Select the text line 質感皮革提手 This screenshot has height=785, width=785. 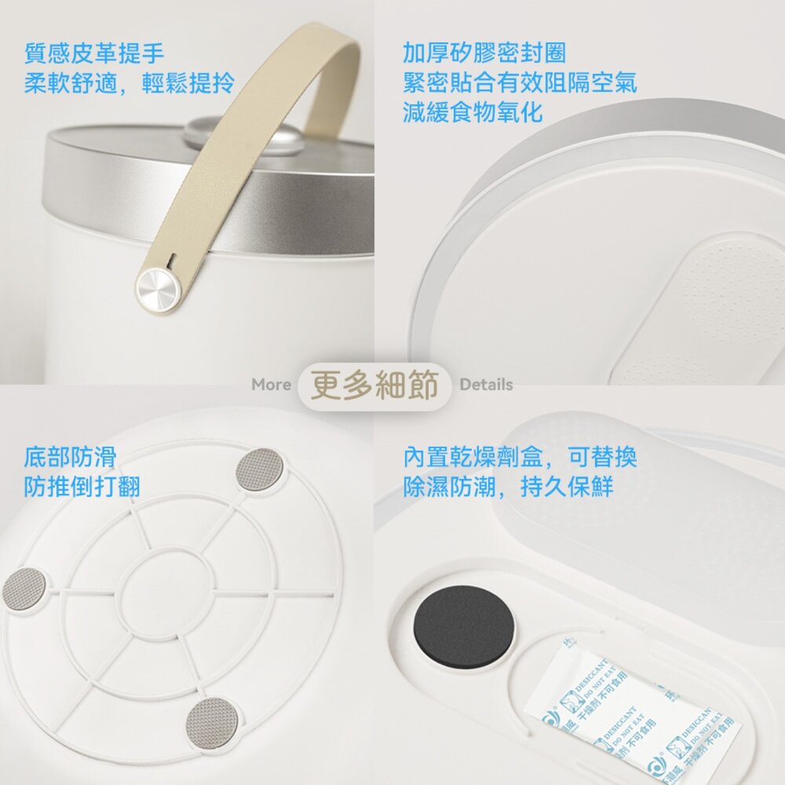pyautogui.click(x=94, y=53)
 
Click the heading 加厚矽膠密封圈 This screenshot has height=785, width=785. pyautogui.click(x=484, y=53)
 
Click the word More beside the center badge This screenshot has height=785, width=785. pyautogui.click(x=271, y=385)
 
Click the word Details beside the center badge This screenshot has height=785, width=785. pyautogui.click(x=486, y=385)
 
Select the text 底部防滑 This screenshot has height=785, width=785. pyautogui.click(x=70, y=457)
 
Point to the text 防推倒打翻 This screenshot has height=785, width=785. pyautogui.click(x=82, y=486)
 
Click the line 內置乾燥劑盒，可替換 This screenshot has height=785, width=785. pyautogui.click(x=520, y=457)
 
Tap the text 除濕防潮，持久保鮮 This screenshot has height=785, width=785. pyautogui.click(x=508, y=486)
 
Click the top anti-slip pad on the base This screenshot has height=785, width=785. pyautogui.click(x=260, y=469)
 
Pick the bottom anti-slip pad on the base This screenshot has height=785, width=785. pyautogui.click(x=209, y=720)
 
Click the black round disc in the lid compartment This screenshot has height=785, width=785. pyautogui.click(x=464, y=628)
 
